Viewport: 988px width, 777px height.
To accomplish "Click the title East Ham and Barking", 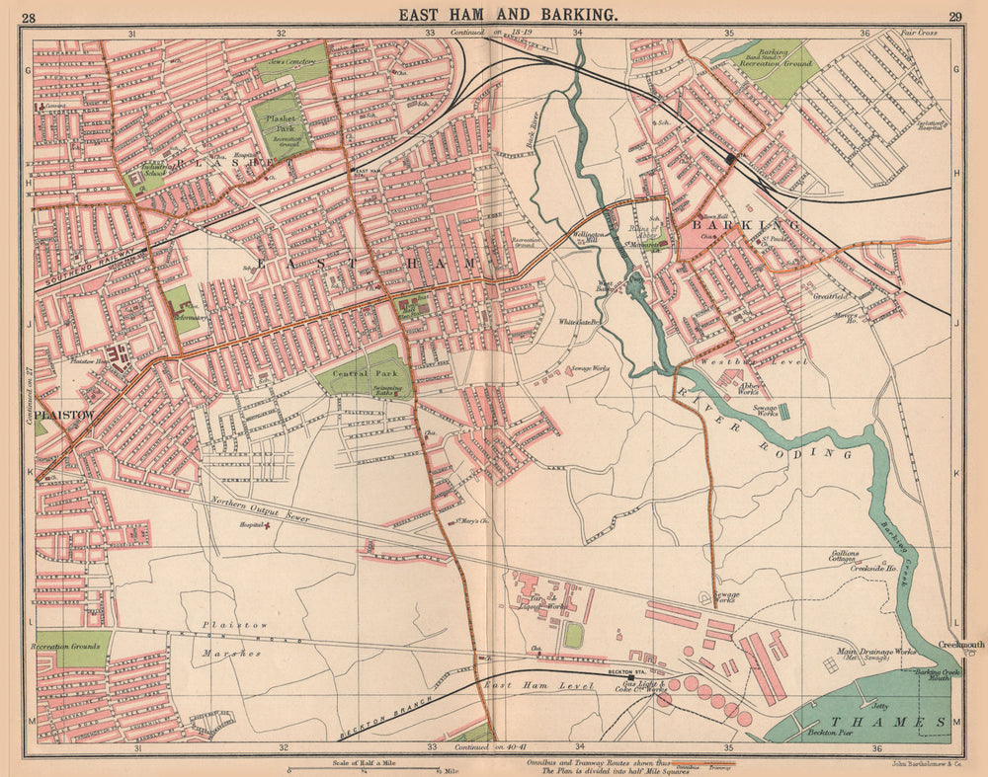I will coord(509,14).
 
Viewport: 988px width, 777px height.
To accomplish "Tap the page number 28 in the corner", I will coord(29,16).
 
